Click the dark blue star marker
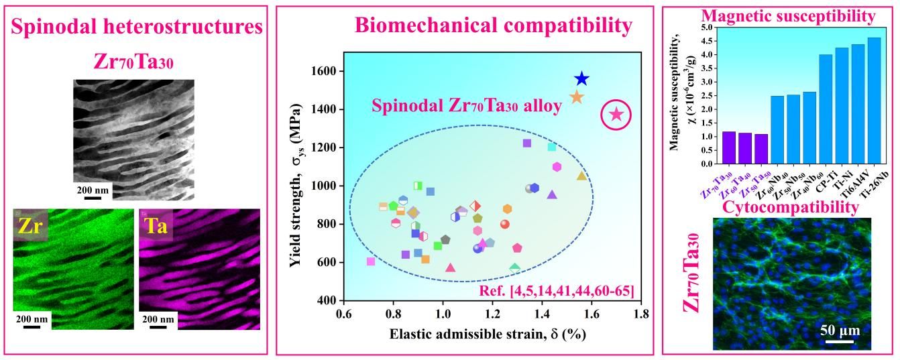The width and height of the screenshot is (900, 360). tap(581, 79)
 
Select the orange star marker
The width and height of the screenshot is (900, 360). tap(577, 97)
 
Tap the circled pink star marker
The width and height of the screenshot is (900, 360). tap(616, 115)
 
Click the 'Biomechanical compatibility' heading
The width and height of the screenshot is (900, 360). tap(493, 26)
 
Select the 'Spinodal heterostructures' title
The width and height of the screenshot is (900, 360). tap(136, 27)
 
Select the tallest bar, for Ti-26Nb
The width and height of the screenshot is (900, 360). tap(874, 101)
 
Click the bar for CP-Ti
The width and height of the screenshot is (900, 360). tap(826, 109)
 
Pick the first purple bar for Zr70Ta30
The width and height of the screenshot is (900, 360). tap(728, 147)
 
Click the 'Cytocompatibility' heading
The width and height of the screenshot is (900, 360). tap(790, 208)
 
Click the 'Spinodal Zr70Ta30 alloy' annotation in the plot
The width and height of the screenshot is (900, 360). tap(467, 106)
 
